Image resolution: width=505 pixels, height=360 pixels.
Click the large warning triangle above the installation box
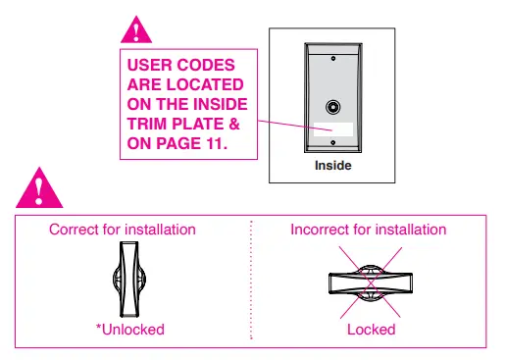[x=40, y=185]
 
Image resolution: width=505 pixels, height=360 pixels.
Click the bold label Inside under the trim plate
[x=332, y=166]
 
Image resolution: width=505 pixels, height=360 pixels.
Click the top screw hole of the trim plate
[x=333, y=59]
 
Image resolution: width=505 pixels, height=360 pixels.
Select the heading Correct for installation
[x=123, y=230]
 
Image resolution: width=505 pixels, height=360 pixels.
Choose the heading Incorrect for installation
[x=369, y=230]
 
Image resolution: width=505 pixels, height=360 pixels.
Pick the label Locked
[x=371, y=330]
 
